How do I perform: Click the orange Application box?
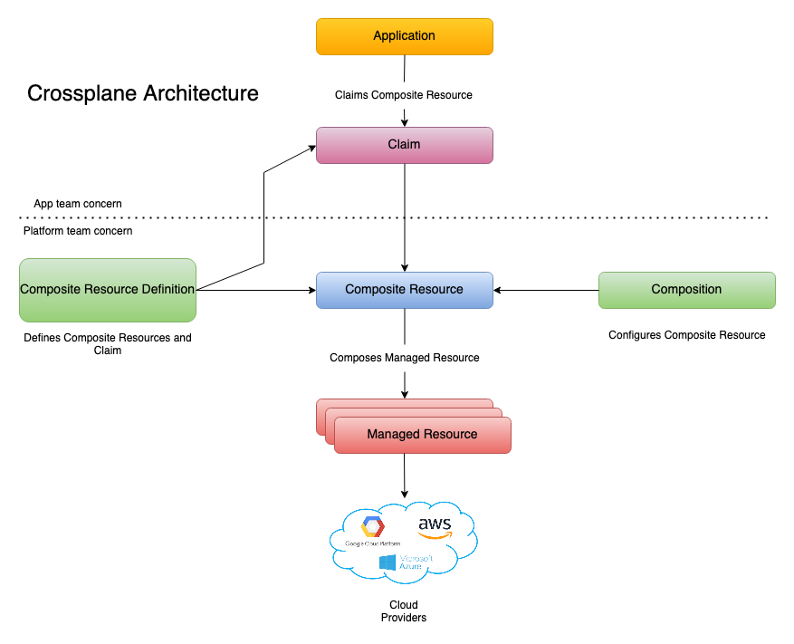coord(404,36)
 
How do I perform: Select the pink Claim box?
coord(404,145)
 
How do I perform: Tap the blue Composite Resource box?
coord(404,290)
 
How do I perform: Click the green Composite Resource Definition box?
coord(107,290)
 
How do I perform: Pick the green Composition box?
coord(686,290)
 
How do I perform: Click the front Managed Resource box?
coord(422,435)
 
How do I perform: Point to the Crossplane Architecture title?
coord(143,93)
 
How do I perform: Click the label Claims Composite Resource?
coord(404,94)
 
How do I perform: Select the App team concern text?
coord(78,204)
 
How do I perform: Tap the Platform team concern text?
coord(78,231)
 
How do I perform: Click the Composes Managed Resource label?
coord(404,358)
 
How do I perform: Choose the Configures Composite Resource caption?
coord(686,335)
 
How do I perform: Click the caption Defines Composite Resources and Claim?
coord(107,343)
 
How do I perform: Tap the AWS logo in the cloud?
coord(435,527)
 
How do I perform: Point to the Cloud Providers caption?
coord(404,611)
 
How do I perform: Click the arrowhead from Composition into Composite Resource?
coord(499,290)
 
